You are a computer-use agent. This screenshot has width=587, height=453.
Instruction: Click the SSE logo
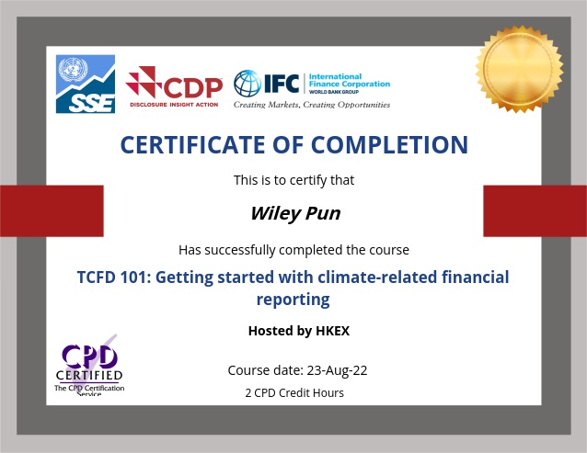[86, 84]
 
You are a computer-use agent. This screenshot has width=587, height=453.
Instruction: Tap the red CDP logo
[174, 86]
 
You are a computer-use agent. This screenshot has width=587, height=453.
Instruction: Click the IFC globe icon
[247, 83]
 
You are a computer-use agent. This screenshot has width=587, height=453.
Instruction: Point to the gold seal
[519, 69]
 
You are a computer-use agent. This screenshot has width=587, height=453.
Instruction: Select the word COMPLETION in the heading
[389, 144]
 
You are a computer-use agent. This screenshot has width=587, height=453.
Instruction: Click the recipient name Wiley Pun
[295, 214]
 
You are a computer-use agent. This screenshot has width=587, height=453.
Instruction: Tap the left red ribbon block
[52, 210]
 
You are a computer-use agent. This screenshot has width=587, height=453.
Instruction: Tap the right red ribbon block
[535, 210]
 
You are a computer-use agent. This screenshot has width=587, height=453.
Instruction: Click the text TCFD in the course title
[97, 277]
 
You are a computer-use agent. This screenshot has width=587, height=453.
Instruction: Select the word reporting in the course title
[293, 300]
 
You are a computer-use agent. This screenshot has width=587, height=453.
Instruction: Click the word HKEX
[333, 331]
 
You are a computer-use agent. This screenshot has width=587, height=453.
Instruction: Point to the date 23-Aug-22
[337, 370]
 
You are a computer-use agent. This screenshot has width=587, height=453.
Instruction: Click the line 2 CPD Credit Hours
[294, 393]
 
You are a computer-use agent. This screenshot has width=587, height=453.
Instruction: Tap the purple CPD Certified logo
[89, 366]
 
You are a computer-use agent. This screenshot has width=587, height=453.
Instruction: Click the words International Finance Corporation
[350, 80]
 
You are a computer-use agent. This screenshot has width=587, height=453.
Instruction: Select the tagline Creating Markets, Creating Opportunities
[312, 105]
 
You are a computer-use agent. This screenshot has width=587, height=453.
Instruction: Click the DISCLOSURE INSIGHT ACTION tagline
[174, 105]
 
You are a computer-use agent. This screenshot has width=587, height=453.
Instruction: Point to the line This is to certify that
[293, 180]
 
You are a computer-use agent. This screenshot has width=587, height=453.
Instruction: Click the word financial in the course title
[475, 277]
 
